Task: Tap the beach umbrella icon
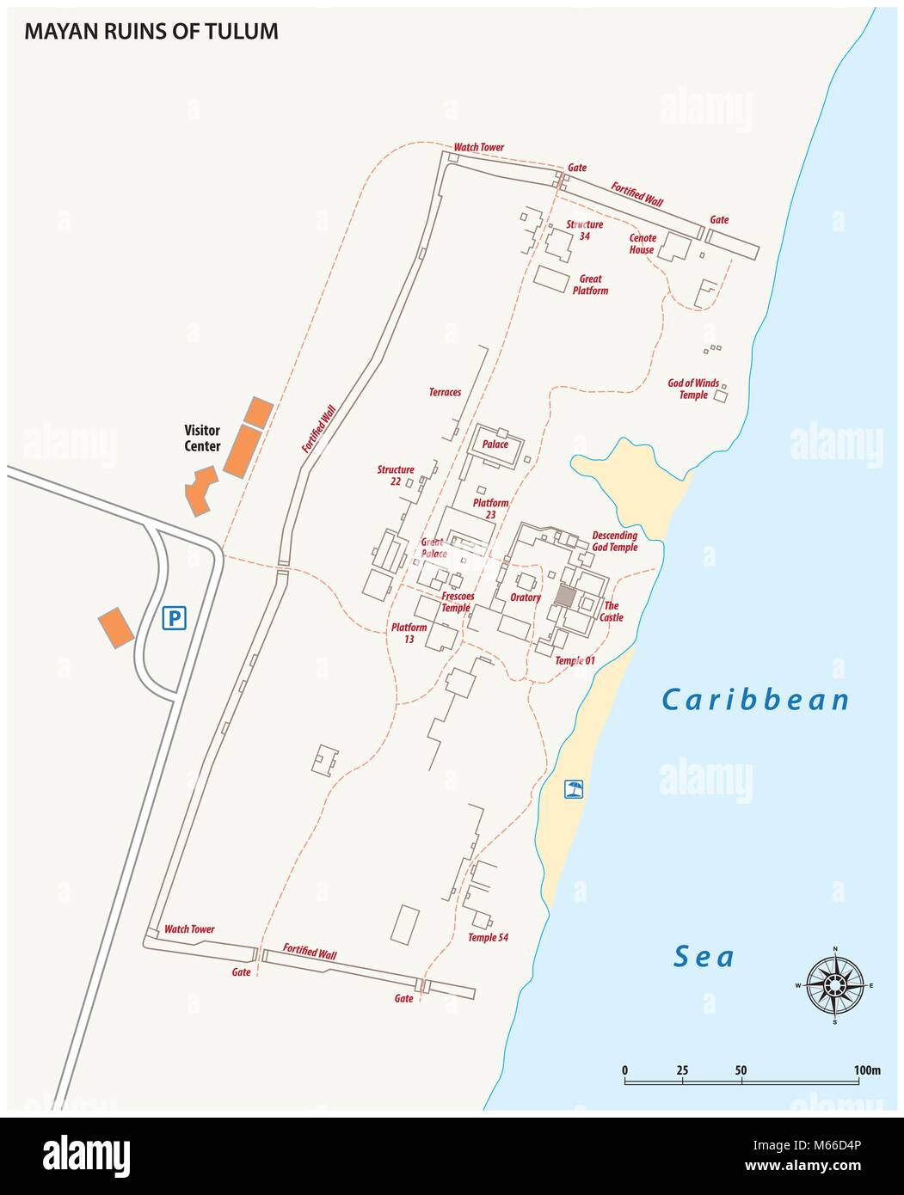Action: coord(574,788)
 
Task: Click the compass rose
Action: coord(834,984)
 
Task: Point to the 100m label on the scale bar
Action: coord(868,1070)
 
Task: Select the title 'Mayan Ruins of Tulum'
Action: coord(151,32)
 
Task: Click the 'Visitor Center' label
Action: coord(202,438)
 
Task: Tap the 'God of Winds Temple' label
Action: coord(693,389)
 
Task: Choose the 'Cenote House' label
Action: coord(643,243)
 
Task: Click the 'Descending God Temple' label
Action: coord(614,541)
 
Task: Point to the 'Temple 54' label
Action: coord(488,937)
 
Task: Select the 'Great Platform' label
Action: coord(590,285)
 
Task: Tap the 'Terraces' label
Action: coord(445,392)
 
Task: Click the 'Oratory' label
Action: coord(525,597)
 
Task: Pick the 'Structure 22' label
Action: coord(396,475)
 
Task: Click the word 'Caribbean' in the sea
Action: coord(755,700)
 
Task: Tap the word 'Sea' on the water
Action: coord(704,956)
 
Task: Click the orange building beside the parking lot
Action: coord(115,628)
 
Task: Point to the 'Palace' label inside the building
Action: coord(495,444)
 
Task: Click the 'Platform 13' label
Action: coord(409,633)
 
